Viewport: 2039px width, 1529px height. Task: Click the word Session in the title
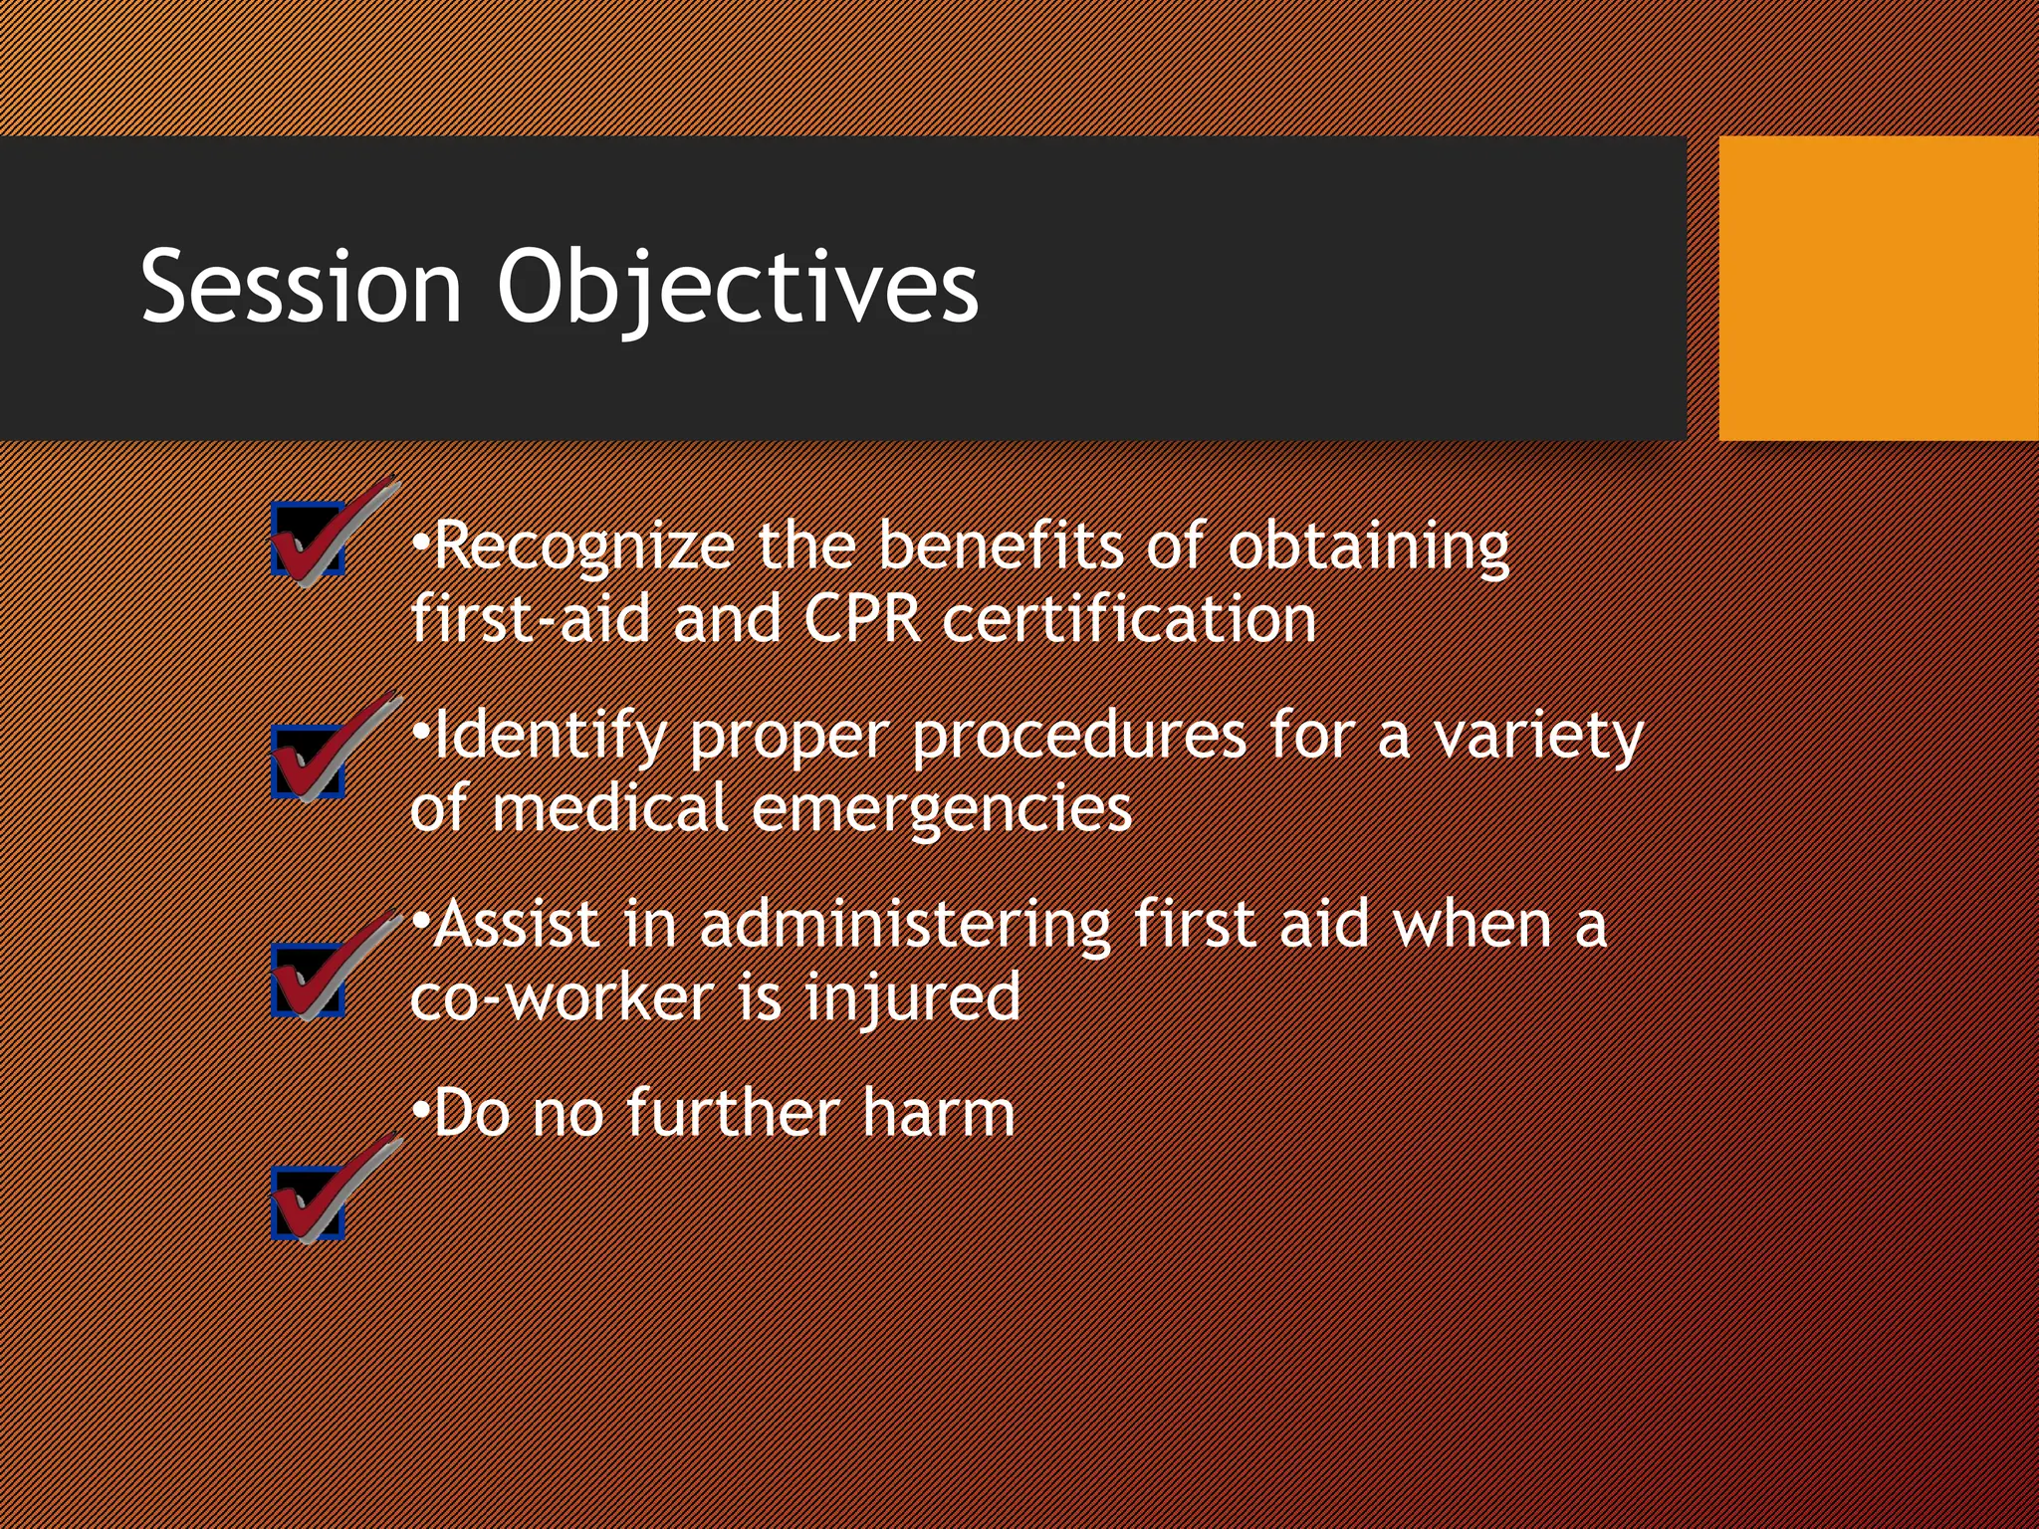point(301,287)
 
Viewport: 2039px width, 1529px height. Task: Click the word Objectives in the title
point(737,287)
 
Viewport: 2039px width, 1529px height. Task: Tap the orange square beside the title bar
point(1878,288)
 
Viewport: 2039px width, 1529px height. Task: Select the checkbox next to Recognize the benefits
point(309,539)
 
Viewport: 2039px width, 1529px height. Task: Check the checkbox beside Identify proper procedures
point(309,761)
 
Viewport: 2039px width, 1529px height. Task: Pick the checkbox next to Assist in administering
point(309,980)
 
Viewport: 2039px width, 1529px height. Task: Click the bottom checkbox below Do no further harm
point(309,1202)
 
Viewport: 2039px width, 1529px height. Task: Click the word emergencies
point(941,808)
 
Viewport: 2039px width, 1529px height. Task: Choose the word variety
point(1538,736)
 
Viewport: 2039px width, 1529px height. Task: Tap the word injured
point(912,996)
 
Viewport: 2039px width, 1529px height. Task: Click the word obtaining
point(1368,546)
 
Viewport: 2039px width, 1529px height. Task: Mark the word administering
point(905,924)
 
